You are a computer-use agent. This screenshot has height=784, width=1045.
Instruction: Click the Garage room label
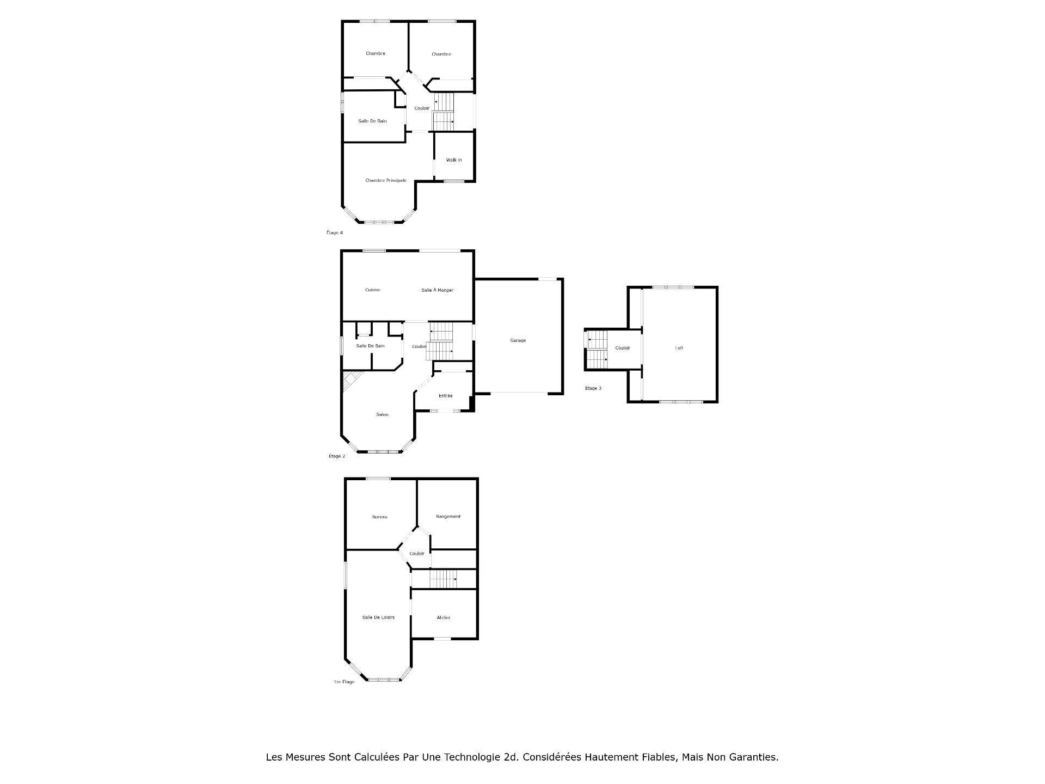click(518, 340)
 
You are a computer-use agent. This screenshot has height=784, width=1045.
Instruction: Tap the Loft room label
click(679, 348)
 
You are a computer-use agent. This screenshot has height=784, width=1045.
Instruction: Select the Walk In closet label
click(453, 160)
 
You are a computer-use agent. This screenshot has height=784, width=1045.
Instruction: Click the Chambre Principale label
click(385, 180)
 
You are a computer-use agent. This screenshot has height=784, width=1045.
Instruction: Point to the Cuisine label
click(372, 290)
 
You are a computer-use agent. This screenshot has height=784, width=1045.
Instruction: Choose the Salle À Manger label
click(437, 290)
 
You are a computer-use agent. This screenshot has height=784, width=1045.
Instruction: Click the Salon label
click(382, 415)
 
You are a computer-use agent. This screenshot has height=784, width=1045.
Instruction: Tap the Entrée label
click(445, 396)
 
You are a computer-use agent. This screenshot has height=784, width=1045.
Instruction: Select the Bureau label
click(379, 517)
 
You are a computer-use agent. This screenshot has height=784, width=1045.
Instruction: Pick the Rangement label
click(448, 516)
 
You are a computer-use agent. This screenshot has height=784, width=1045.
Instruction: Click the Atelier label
click(444, 617)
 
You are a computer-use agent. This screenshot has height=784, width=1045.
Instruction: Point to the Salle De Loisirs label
click(378, 617)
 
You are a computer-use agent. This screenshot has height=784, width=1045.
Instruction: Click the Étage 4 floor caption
click(334, 232)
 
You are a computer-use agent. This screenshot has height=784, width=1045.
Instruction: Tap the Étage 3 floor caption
click(593, 388)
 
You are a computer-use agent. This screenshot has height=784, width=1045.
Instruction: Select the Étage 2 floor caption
click(336, 456)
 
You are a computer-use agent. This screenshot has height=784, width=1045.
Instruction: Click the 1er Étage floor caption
click(343, 682)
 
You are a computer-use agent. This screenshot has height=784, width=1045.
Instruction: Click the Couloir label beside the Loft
click(622, 348)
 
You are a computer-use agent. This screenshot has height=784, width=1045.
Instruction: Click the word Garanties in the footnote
click(755, 757)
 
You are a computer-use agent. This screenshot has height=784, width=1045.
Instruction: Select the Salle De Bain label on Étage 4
click(372, 121)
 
